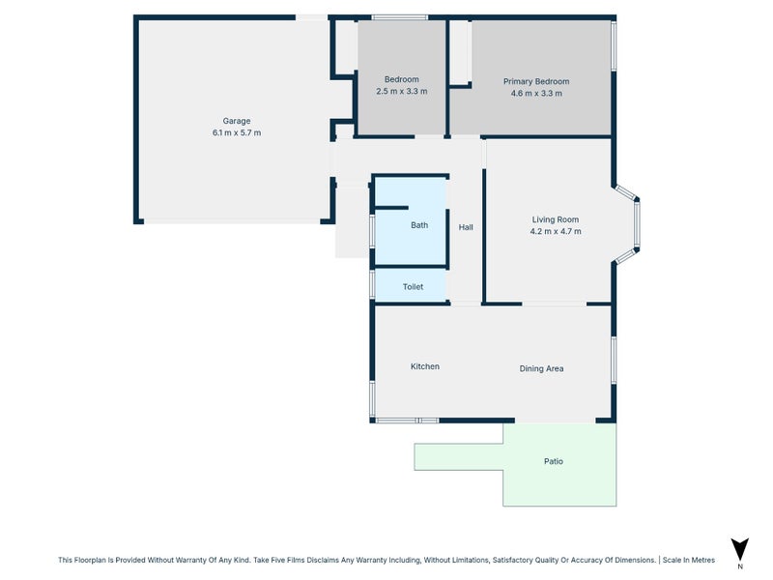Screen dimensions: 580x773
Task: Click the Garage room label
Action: pos(237,121)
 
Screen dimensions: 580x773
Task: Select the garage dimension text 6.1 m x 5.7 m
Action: pos(237,132)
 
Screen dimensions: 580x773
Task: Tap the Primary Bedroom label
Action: pos(536,81)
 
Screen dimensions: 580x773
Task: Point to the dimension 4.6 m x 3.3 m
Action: pos(536,93)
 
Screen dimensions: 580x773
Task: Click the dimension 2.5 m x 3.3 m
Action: pos(401,91)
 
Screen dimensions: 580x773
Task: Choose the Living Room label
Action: pos(555,219)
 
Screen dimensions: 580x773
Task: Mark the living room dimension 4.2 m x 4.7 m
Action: pos(555,231)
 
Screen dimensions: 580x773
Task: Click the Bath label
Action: pos(419,225)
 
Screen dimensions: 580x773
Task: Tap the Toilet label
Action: pos(413,287)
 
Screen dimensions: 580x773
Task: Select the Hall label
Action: pos(466,227)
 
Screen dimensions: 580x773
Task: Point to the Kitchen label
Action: pos(425,366)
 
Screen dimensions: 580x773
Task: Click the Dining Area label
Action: pos(541,368)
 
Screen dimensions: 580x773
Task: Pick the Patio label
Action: pos(553,461)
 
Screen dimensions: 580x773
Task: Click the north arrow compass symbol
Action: pos(740,549)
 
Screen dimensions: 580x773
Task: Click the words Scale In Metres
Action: pos(688,559)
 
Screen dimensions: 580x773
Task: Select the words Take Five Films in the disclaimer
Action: pos(286,559)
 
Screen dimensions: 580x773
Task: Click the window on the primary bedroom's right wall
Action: pos(614,45)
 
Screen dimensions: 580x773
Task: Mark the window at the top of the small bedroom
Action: pos(400,16)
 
